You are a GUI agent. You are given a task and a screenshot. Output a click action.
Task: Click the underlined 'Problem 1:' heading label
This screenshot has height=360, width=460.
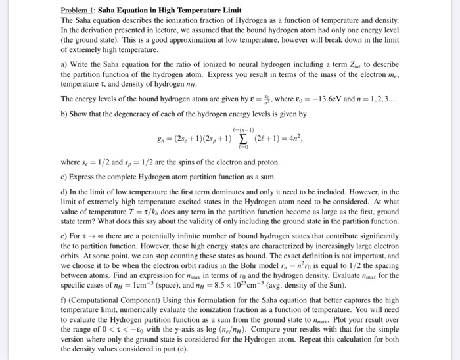(78, 11)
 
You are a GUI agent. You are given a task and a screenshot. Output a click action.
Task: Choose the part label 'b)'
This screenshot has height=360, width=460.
(64, 114)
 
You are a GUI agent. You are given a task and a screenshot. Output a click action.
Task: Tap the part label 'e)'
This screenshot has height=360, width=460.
(64, 247)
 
